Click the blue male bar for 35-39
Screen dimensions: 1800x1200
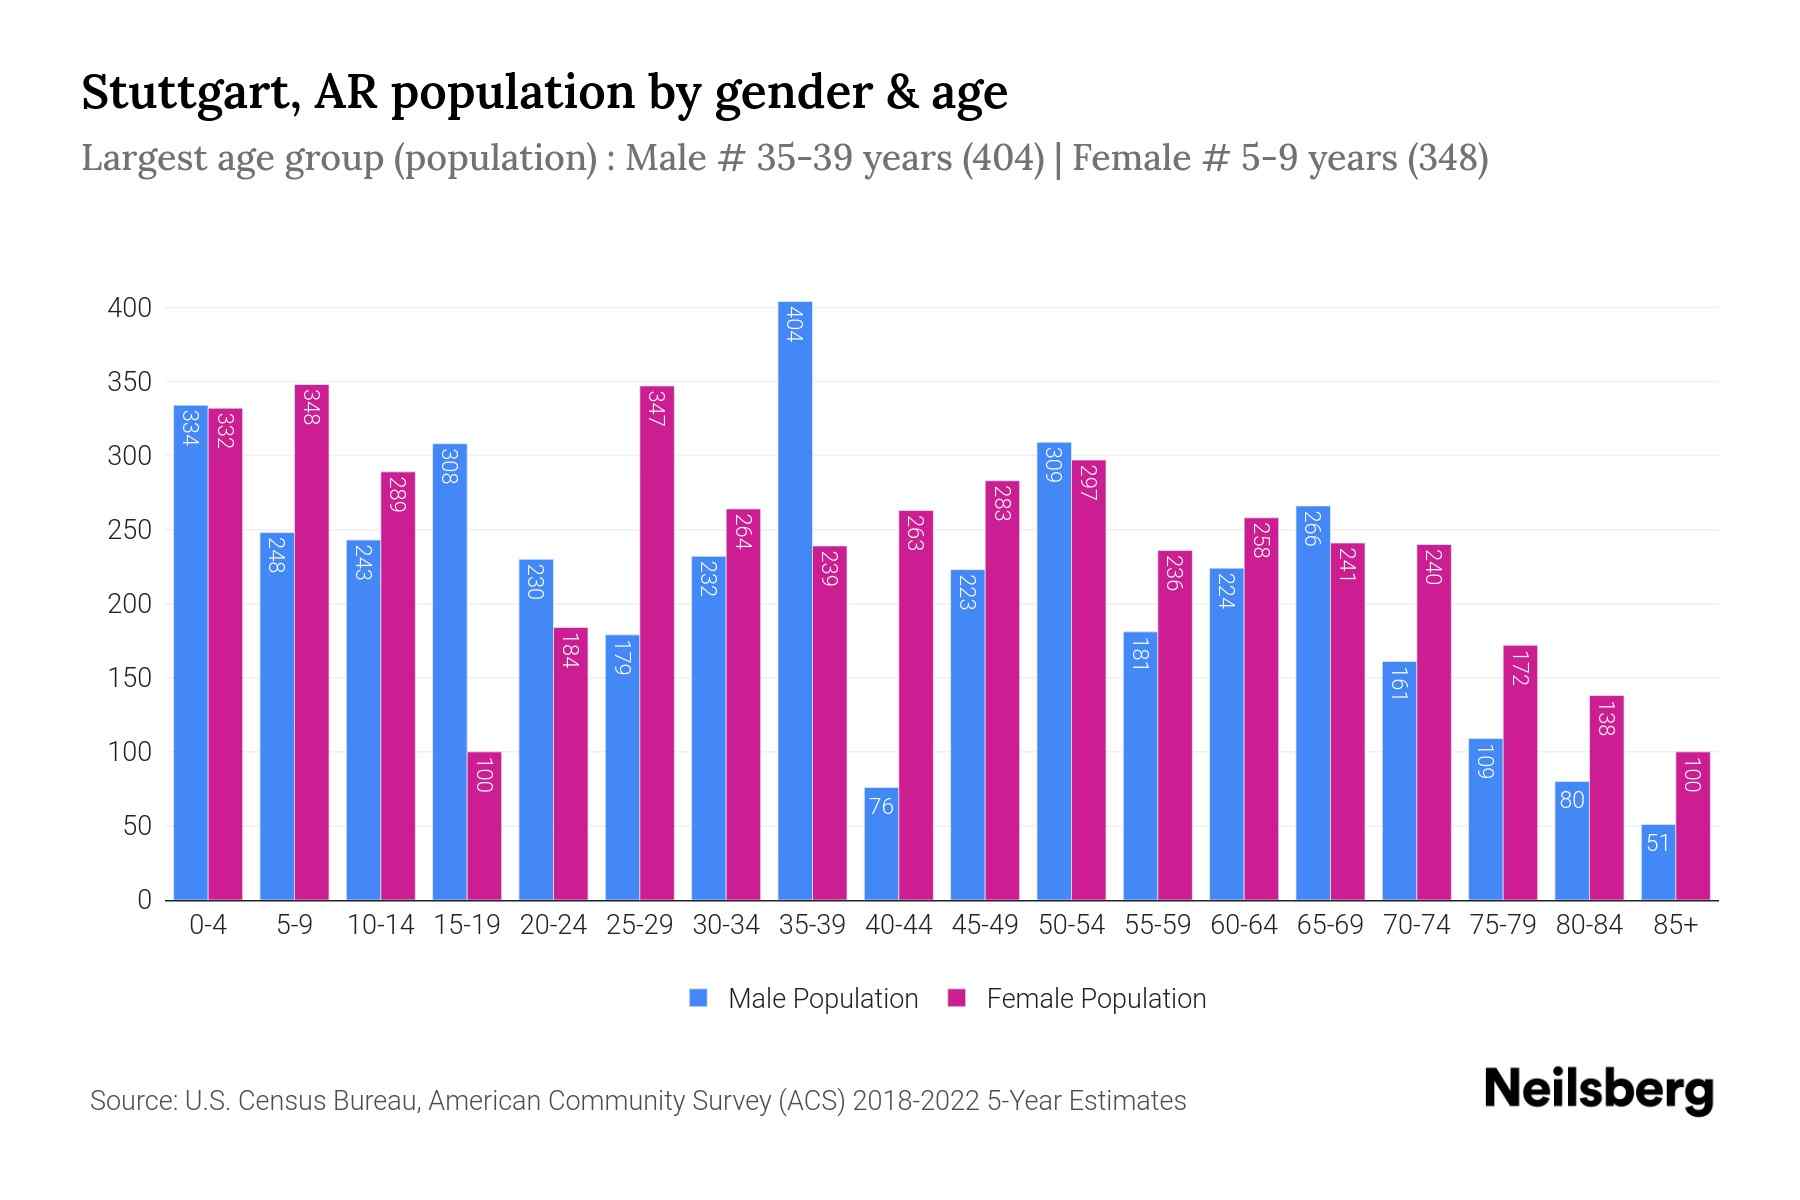(795, 600)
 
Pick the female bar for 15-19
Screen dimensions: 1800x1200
(484, 825)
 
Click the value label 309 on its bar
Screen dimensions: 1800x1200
(1053, 465)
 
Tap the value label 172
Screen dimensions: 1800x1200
(1520, 668)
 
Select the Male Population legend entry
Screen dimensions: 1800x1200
(804, 999)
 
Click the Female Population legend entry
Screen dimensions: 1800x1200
(1077, 999)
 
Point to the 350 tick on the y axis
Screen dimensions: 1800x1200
(130, 382)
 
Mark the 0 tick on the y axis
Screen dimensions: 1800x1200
(145, 900)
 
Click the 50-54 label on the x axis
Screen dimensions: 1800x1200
(1071, 925)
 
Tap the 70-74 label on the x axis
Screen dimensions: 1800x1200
(1416, 925)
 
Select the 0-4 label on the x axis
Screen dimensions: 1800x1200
(208, 925)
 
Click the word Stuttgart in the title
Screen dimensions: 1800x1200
(188, 93)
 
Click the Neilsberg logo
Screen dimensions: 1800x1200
(1598, 1090)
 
